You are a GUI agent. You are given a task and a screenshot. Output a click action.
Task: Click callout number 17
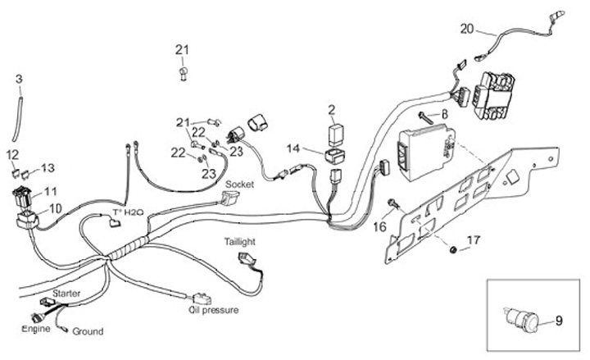473,240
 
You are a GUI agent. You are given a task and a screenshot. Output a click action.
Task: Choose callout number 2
332,109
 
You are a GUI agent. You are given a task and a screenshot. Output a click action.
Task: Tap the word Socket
239,185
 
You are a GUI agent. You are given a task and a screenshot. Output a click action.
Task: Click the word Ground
88,331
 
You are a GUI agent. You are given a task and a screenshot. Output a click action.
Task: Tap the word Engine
36,327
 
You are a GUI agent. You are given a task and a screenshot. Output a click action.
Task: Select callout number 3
20,79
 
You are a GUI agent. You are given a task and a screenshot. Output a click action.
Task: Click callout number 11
51,191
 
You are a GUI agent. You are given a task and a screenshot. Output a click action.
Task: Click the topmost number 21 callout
181,50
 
